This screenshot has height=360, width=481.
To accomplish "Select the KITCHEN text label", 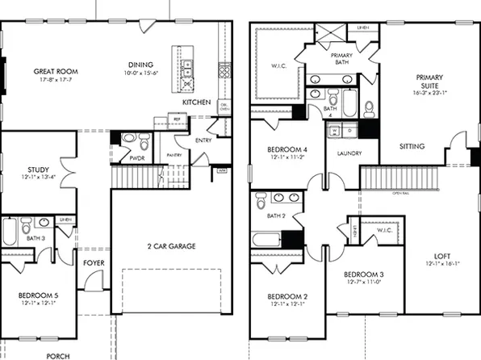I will [196, 103].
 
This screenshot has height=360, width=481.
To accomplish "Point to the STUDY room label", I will [27, 170].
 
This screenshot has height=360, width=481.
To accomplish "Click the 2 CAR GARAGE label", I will [171, 246].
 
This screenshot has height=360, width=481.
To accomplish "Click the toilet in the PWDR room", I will [144, 144].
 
